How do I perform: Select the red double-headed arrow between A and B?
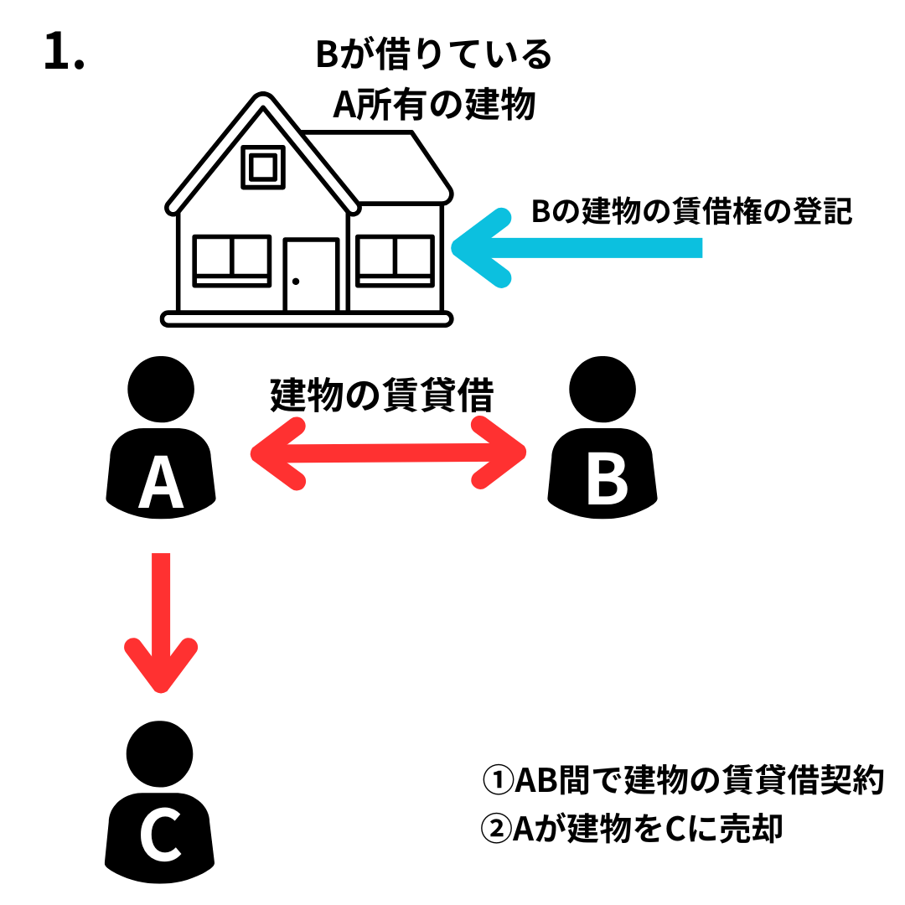pos(388,453)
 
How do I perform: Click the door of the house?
pos(311,275)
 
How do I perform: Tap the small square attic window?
pos(263,167)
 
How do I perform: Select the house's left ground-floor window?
pos(231,260)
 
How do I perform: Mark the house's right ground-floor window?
pos(395,260)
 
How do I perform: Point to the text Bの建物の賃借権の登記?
pos(691,212)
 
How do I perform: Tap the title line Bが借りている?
pos(433,56)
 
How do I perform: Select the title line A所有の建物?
pos(433,106)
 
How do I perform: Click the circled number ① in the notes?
pos(498,782)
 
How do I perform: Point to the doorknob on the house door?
pos(295,282)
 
